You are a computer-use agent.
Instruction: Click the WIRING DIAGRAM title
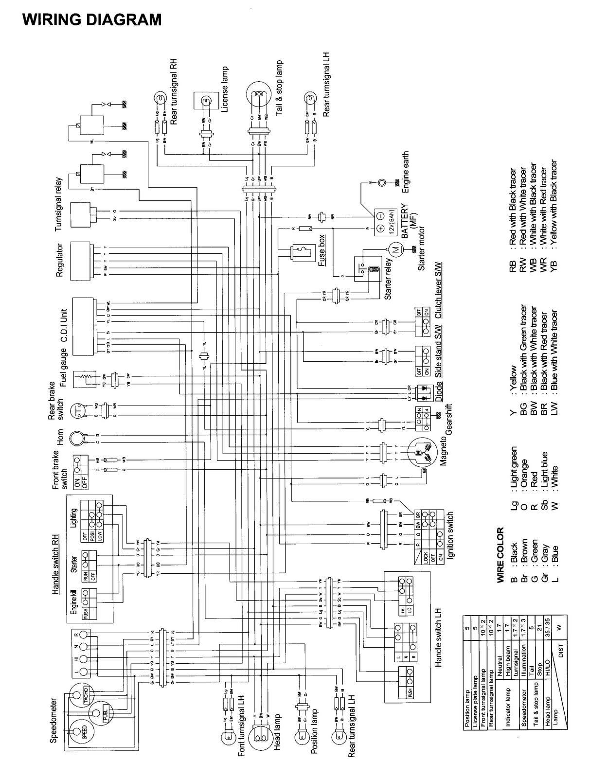(x=92, y=19)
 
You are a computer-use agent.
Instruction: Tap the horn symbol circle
(x=76, y=438)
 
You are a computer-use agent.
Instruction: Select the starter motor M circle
(x=395, y=250)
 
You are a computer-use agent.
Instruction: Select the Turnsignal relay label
(x=59, y=204)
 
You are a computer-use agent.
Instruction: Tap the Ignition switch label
(x=450, y=535)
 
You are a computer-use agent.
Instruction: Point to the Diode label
(x=439, y=391)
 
